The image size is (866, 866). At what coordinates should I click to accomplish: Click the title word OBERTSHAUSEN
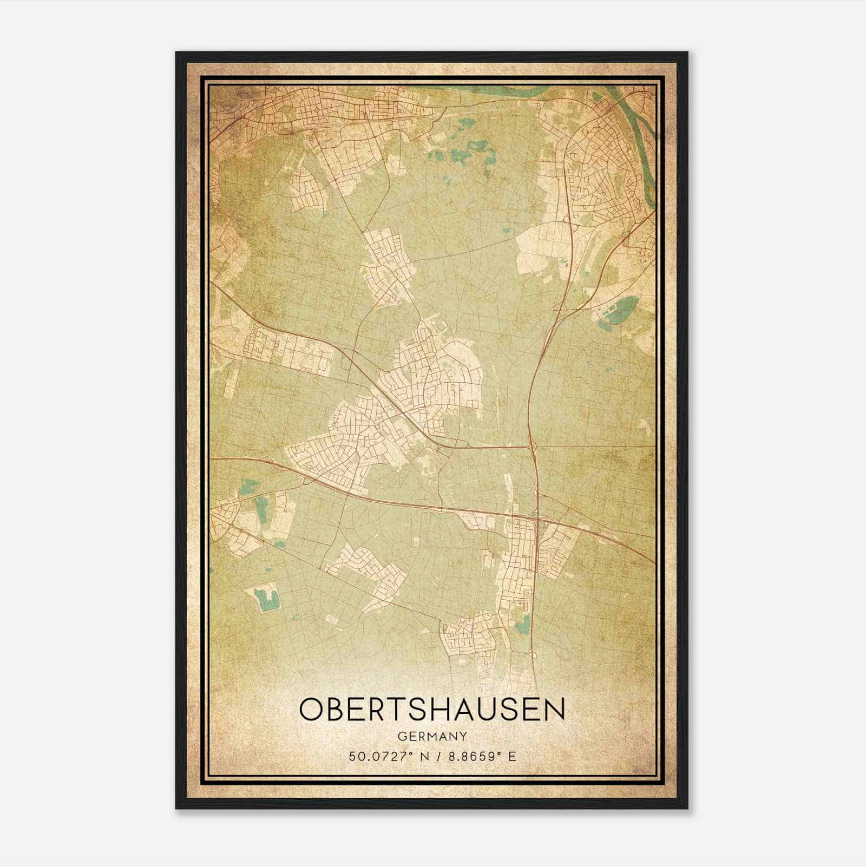click(x=431, y=710)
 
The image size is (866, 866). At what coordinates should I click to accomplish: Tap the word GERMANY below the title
click(x=431, y=737)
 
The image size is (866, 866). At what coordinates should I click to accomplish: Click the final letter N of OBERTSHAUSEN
click(x=554, y=710)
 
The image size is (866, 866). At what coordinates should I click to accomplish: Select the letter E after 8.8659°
click(x=512, y=756)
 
